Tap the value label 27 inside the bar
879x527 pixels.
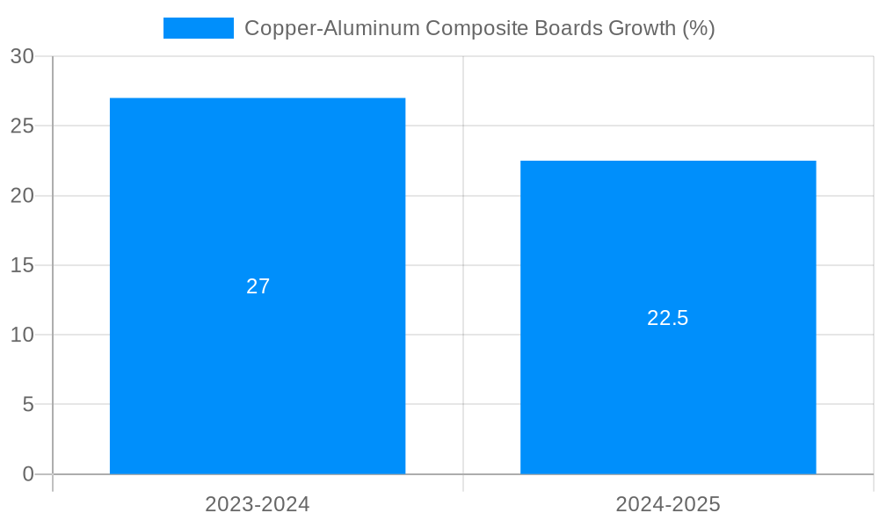[x=258, y=286]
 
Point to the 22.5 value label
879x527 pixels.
[x=668, y=318]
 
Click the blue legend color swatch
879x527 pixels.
[x=199, y=28]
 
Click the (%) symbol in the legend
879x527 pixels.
[x=699, y=28]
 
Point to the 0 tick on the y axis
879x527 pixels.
[x=27, y=474]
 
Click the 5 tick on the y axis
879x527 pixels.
[x=27, y=405]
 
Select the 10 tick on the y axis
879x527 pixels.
[x=22, y=335]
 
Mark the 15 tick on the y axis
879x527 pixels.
[x=22, y=265]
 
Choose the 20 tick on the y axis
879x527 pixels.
[x=22, y=196]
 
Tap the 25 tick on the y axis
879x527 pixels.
[x=22, y=126]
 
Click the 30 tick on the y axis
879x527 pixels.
[x=22, y=56]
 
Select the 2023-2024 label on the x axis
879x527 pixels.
[x=258, y=504]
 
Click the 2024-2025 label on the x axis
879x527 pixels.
[x=668, y=504]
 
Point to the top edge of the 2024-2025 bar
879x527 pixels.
[x=668, y=162]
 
